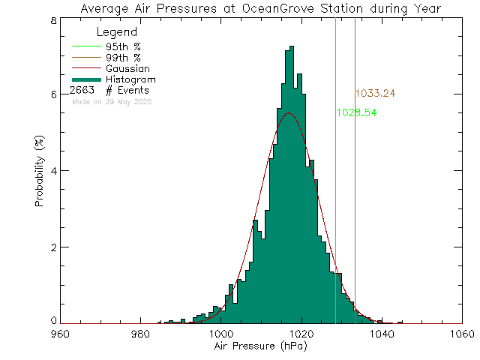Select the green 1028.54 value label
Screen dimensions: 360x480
point(356,112)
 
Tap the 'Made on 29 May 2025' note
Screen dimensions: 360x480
point(111,101)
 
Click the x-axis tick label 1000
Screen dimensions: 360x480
point(220,334)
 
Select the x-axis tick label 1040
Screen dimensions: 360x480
point(382,334)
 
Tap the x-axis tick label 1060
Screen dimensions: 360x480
point(463,334)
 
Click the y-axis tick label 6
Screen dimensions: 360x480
point(53,94)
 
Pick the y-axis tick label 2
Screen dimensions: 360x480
point(53,247)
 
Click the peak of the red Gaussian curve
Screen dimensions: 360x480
point(289,112)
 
